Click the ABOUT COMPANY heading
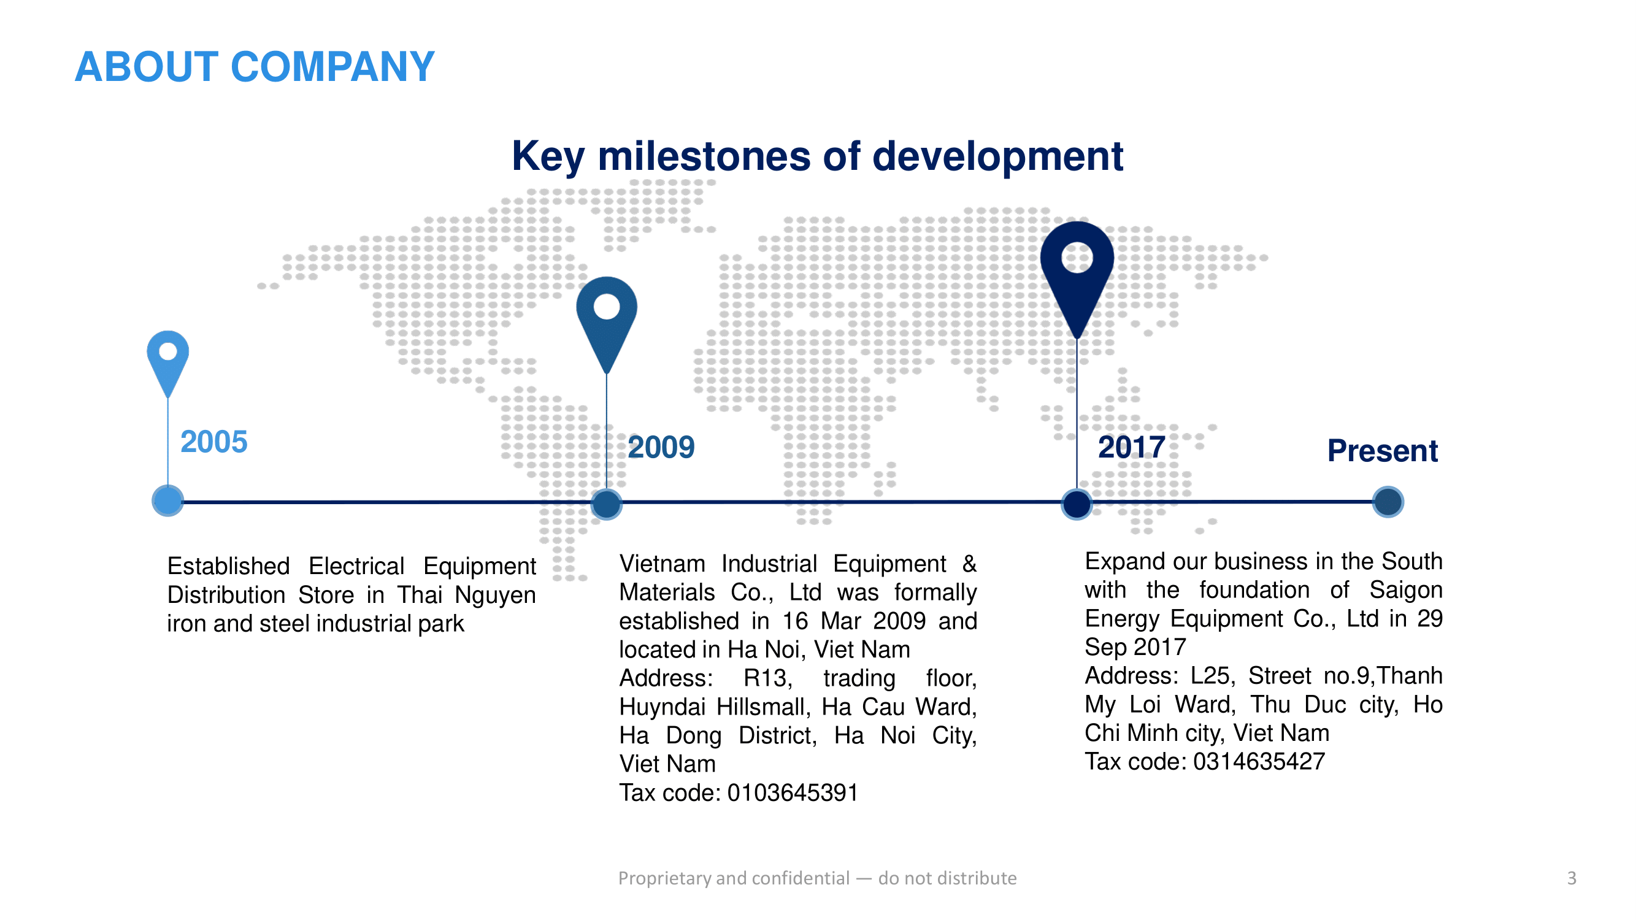[x=255, y=67]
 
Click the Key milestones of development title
[x=817, y=156]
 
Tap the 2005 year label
[x=214, y=442]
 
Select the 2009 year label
[x=661, y=447]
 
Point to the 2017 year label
[x=1132, y=447]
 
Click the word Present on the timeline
[x=1383, y=451]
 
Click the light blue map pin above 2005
[x=167, y=363]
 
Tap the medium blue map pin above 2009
[x=607, y=324]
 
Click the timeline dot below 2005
[x=167, y=501]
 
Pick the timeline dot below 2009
[x=607, y=504]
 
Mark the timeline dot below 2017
[x=1077, y=504]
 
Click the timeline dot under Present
[x=1388, y=502]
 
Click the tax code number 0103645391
[x=793, y=793]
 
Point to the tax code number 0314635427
[x=1259, y=761]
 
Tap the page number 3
[x=1572, y=878]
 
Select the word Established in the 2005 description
[x=229, y=565]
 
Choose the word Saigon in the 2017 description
[x=1406, y=591]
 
